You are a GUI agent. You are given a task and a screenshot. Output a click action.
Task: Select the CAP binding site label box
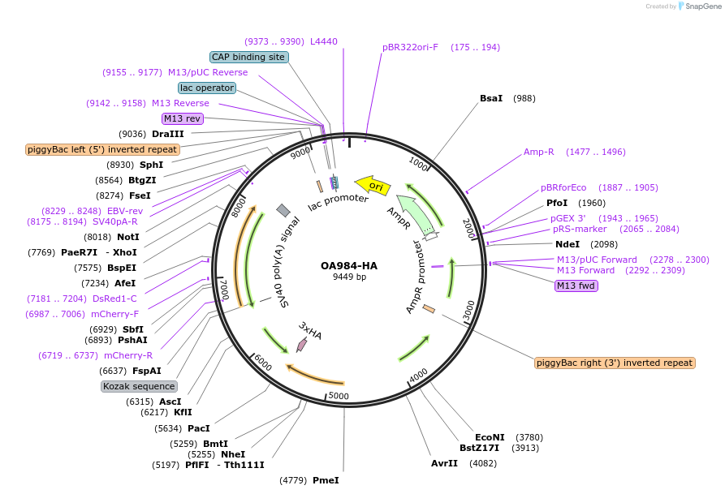pyautogui.click(x=248, y=57)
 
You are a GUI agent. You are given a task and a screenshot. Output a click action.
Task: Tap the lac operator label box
pyautogui.click(x=207, y=88)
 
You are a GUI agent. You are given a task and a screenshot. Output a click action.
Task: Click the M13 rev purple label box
pyautogui.click(x=183, y=118)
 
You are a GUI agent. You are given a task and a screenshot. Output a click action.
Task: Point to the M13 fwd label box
pyautogui.click(x=576, y=286)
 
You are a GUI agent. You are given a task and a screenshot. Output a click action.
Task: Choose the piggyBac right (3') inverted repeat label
pyautogui.click(x=615, y=363)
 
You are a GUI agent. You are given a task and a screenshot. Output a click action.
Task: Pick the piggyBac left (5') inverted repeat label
pyautogui.click(x=102, y=149)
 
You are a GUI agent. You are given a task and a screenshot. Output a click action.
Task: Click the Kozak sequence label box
pyautogui.click(x=139, y=386)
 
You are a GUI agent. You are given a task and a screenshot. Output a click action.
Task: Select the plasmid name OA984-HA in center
pyautogui.click(x=349, y=265)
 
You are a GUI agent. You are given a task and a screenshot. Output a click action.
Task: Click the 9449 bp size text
pyautogui.click(x=349, y=277)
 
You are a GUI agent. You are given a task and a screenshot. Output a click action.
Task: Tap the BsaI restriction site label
pyautogui.click(x=491, y=98)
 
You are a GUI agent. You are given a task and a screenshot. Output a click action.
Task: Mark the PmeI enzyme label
pyautogui.click(x=326, y=480)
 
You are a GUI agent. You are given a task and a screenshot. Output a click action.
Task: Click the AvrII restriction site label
pyautogui.click(x=444, y=463)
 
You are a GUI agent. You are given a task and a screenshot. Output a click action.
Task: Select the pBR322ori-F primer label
pyautogui.click(x=410, y=47)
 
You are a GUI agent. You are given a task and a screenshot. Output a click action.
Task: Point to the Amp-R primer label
pyautogui.click(x=538, y=152)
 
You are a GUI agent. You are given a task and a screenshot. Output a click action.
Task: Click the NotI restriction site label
pyautogui.click(x=127, y=237)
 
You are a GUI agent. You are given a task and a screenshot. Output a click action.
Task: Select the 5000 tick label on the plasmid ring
pyautogui.click(x=339, y=396)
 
